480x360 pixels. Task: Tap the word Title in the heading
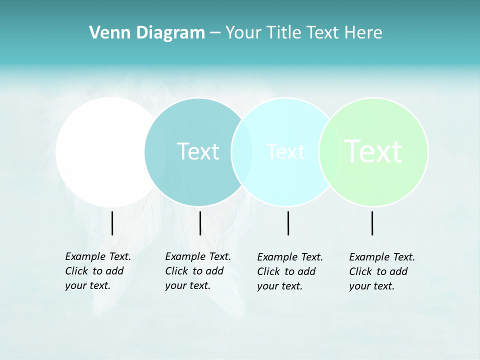tap(285, 33)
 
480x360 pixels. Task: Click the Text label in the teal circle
tap(198, 151)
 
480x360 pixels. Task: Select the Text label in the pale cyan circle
tap(285, 151)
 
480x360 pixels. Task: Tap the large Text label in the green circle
tap(373, 151)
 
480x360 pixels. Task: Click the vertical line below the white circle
tap(112, 223)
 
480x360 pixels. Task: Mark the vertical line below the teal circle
tap(200, 223)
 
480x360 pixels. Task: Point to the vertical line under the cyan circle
tap(288, 223)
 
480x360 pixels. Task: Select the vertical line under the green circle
tap(372, 223)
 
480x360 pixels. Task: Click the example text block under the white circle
tap(97, 271)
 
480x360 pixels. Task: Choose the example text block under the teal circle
tap(197, 271)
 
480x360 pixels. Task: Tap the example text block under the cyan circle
tap(289, 271)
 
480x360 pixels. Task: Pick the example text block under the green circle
tap(381, 271)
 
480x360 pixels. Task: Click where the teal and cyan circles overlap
tap(242, 152)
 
